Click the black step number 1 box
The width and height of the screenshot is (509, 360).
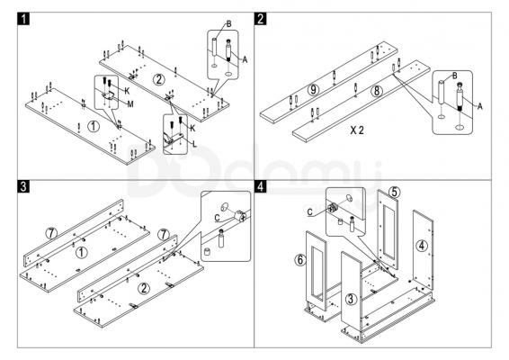pos(23,19)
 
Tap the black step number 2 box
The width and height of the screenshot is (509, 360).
pos(260,19)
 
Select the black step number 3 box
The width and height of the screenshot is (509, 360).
pos(23,186)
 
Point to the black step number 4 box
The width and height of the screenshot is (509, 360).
pos(260,186)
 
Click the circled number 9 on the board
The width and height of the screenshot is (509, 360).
pos(313,90)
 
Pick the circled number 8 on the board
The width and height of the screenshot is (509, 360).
pos(377,91)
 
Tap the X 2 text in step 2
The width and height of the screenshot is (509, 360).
pos(357,130)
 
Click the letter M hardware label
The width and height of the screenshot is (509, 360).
pos(130,104)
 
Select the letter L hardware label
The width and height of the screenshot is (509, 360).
pos(194,144)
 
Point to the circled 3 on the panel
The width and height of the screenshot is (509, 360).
pos(351,299)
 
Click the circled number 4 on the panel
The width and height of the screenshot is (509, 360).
pos(422,246)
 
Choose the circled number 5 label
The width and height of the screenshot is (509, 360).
pos(394,192)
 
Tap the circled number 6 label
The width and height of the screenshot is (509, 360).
pos(300,259)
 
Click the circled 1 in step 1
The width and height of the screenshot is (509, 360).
pos(94,126)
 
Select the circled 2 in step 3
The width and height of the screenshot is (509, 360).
pos(144,288)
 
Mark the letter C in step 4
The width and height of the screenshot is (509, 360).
pos(310,212)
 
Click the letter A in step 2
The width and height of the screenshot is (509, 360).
pos(480,106)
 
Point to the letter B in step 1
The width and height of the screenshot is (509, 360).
pos(228,23)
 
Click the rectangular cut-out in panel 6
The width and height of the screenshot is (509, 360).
pos(317,274)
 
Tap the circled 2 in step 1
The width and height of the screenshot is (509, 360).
pos(159,79)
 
